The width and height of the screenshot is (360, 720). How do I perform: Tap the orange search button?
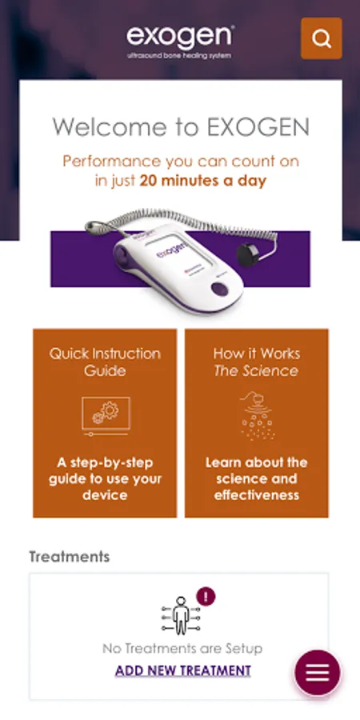point(322,38)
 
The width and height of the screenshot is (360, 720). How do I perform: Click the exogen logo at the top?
point(181,38)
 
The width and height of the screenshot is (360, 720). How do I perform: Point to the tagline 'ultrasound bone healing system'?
point(179,56)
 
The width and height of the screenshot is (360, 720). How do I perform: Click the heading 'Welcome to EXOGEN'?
point(181,126)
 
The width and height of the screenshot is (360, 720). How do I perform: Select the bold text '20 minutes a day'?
point(203,181)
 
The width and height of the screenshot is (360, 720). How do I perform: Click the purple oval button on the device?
point(219,289)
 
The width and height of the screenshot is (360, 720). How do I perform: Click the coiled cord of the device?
point(184,222)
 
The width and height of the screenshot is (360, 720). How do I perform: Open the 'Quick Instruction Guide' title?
point(105,362)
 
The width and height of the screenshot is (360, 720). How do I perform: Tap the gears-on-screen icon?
point(106,416)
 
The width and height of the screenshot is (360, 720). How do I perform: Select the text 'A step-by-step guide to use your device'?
point(105,478)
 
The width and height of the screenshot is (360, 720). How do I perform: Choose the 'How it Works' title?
point(257,354)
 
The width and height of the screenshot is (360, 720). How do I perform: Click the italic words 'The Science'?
point(256,370)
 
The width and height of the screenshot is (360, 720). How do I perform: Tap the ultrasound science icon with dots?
point(257,415)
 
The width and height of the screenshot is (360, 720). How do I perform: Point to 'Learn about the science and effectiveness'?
point(257,478)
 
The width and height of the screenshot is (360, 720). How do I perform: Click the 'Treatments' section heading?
point(70,557)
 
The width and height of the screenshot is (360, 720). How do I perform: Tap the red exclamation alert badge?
point(206,597)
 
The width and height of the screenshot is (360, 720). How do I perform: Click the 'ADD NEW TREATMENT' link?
point(182,670)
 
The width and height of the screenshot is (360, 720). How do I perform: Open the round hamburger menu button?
point(318,673)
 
